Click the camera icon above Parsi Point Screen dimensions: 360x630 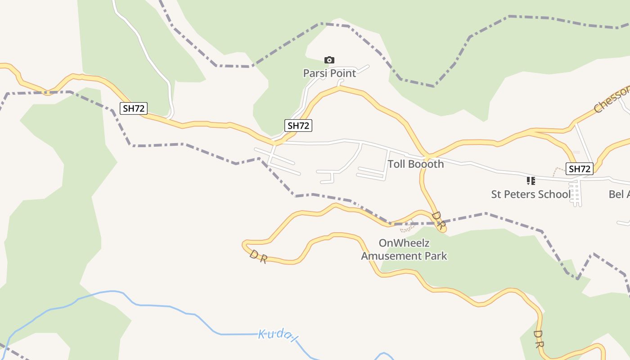329,60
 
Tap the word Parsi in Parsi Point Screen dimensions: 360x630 315,73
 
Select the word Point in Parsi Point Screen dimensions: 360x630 343,73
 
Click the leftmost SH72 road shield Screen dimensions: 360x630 134,108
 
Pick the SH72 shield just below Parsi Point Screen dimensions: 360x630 298,126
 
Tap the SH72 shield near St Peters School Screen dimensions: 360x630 580,169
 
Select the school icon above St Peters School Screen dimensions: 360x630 531,181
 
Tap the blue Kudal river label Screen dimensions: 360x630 278,334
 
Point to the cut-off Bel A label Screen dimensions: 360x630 619,194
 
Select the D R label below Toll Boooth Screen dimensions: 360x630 438,220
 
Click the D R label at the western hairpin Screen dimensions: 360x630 258,256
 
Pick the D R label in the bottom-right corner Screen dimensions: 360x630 539,339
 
